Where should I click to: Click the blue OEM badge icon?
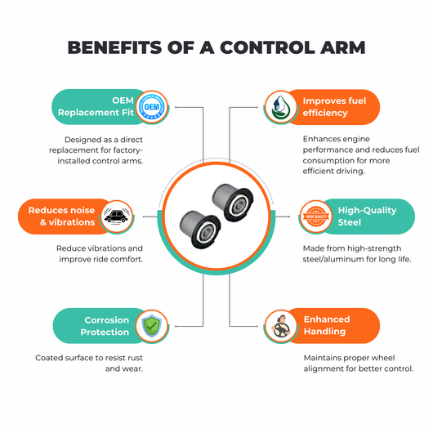(152, 107)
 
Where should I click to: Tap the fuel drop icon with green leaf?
(280, 107)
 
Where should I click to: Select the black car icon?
(116, 216)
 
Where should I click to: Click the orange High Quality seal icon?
(316, 216)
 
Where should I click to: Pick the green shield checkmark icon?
(152, 326)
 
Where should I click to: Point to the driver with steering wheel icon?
(280, 327)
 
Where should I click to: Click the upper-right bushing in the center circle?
(233, 202)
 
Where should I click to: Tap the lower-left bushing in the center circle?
(200, 230)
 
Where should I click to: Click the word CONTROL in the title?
(268, 47)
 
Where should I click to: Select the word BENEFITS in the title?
(114, 47)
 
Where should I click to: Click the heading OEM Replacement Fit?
(96, 106)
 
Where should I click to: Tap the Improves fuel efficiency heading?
(334, 106)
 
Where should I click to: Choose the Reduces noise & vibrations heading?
(61, 216)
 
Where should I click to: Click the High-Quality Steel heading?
(368, 216)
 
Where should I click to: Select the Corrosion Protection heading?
(105, 326)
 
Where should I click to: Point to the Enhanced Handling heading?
(327, 325)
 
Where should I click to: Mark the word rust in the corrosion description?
(136, 358)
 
